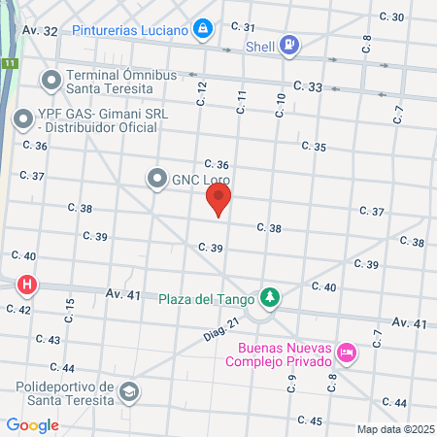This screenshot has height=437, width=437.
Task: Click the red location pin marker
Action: coord(218,201)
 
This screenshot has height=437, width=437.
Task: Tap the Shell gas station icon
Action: coord(288,45)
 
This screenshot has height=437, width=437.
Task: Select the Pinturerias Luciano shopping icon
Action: coord(202,29)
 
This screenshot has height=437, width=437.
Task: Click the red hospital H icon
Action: coord(27,286)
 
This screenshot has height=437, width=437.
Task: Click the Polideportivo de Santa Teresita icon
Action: coord(127,392)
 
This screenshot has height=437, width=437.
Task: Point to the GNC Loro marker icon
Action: coord(156,179)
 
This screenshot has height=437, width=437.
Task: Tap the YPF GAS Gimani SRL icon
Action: coord(22,120)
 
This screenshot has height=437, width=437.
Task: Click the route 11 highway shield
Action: coord(9,63)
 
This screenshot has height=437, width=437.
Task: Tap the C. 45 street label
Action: coord(310,420)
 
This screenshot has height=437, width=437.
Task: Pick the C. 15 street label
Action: coord(70,311)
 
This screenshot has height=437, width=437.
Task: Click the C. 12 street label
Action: coord(202,93)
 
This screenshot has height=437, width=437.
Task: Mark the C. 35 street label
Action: coord(314,147)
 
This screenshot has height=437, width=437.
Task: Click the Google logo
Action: coord(32,424)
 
